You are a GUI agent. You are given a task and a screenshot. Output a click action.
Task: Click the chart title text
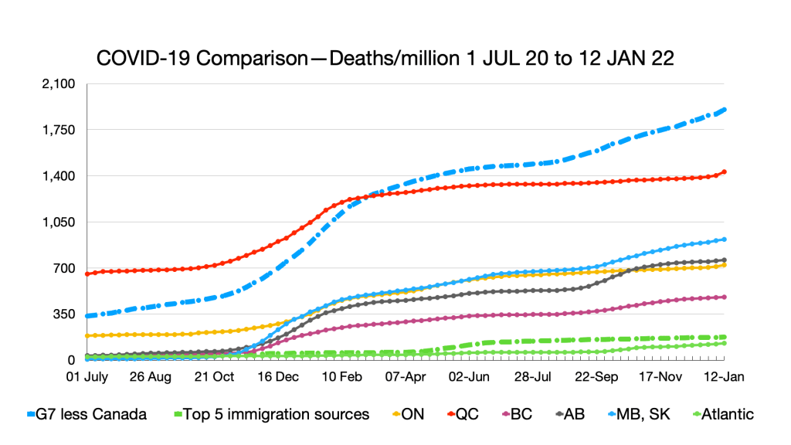(384, 59)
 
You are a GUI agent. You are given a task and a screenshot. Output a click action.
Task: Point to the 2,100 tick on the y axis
(59, 84)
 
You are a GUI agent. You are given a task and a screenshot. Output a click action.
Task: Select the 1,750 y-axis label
(59, 130)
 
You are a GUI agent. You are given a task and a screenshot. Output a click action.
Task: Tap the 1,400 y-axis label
(59, 176)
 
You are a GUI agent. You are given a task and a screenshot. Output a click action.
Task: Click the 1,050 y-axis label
(59, 222)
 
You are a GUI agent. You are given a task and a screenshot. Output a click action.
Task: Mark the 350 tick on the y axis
(64, 314)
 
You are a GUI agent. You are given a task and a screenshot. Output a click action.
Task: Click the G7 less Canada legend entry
(87, 414)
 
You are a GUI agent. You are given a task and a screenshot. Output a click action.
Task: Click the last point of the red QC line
(725, 172)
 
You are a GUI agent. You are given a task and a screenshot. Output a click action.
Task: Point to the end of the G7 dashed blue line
(725, 110)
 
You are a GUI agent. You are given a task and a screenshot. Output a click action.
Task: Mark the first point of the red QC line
(87, 273)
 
